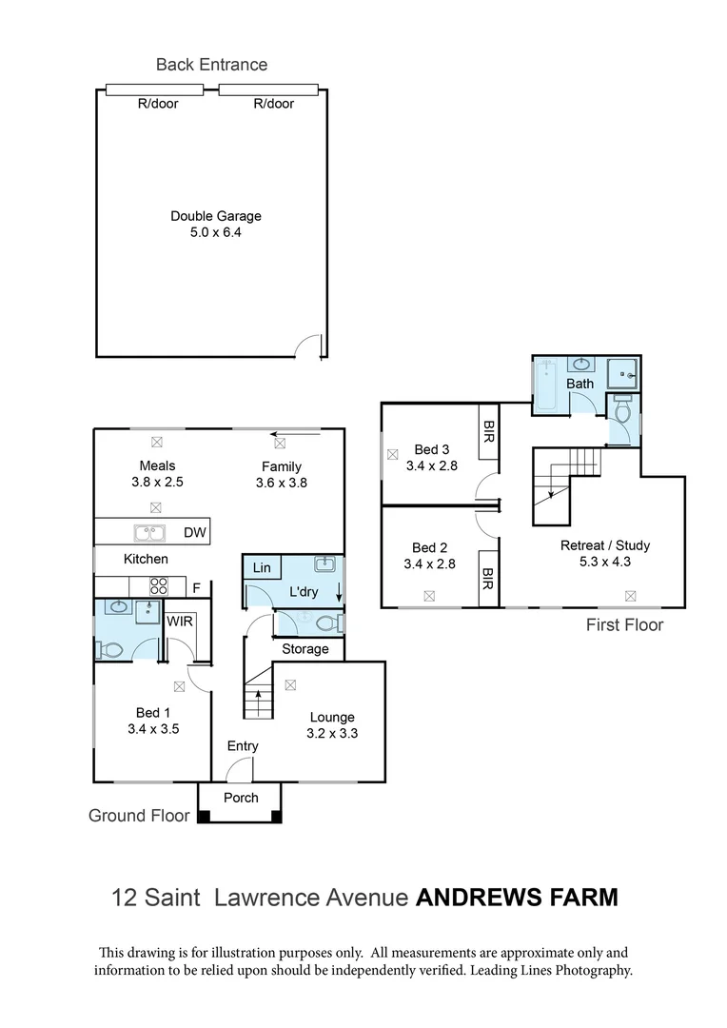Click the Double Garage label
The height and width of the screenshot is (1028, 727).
215,216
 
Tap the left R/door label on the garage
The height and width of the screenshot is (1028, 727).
158,104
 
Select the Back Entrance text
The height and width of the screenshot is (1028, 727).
211,65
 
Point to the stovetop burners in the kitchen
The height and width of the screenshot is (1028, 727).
158,587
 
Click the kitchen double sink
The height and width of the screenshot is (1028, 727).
150,532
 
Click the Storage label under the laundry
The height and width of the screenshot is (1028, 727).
305,649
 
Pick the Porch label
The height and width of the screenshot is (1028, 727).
241,798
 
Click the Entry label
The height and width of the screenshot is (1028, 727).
243,746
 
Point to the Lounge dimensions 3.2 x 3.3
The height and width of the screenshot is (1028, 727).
331,733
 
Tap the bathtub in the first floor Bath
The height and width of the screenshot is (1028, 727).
546,385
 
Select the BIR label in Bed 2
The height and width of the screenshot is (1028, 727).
488,577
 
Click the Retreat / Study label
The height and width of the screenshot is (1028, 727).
605,545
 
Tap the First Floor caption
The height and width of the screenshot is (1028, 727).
624,624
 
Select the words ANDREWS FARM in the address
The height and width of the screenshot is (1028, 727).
517,897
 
